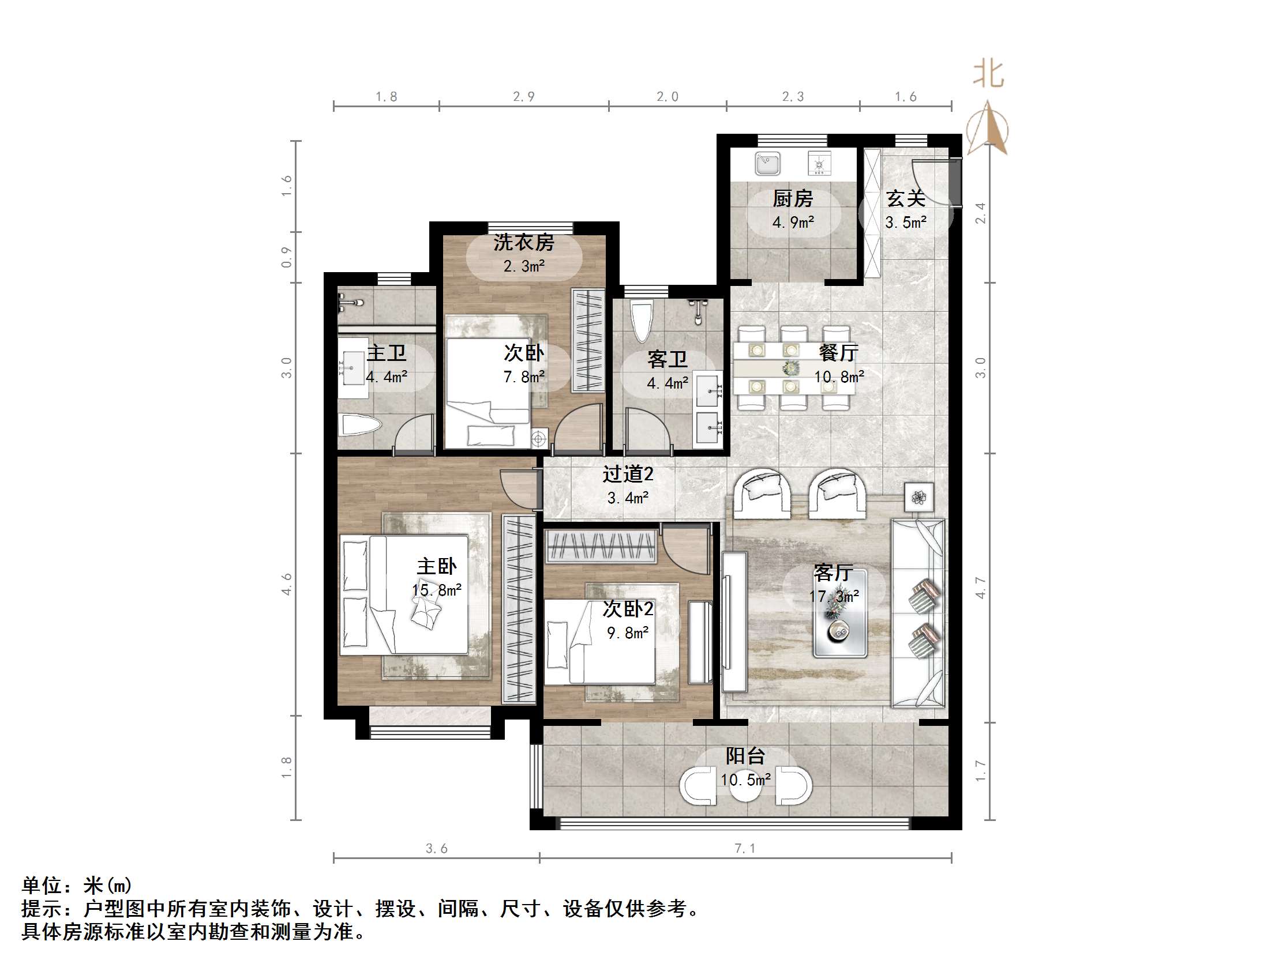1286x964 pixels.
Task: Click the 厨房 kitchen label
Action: [792, 199]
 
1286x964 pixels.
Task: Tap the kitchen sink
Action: [767, 163]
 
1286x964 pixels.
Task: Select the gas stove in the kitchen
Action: [819, 163]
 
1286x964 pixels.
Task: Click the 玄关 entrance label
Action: [905, 199]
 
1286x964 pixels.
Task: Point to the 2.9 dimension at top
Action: [523, 97]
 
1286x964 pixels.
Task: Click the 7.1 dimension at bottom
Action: [745, 848]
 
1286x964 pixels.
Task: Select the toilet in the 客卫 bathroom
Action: [642, 321]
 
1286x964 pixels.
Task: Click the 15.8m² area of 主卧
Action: [437, 590]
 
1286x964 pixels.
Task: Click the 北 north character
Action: [988, 75]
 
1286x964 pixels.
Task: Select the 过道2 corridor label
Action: [627, 474]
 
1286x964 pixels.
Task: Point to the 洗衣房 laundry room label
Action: [524, 243]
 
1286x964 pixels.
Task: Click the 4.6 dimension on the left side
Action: [287, 583]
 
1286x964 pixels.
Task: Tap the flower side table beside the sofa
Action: [919, 498]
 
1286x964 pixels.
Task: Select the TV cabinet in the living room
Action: [734, 621]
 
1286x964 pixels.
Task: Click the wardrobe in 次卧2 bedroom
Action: [601, 546]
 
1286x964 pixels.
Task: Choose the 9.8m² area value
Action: [627, 633]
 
